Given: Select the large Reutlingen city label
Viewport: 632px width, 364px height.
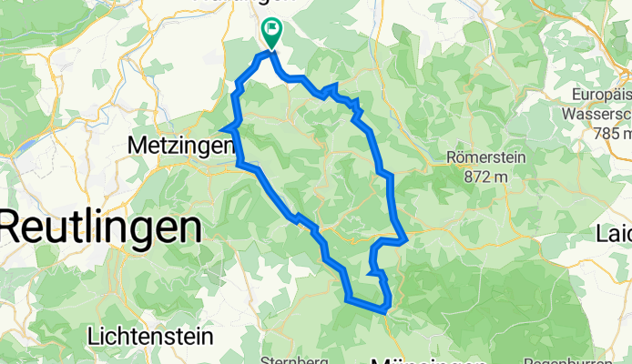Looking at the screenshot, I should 100,226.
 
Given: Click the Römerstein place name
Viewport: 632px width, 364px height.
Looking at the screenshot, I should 487,157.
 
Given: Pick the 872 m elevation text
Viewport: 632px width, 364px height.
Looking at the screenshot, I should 482,177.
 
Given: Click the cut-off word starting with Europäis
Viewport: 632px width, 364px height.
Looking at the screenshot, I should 602,95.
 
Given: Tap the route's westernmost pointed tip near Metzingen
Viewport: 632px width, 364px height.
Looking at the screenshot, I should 224,127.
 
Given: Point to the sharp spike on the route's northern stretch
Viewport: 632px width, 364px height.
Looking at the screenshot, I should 335,86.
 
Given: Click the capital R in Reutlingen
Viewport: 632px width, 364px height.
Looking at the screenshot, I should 16,226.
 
